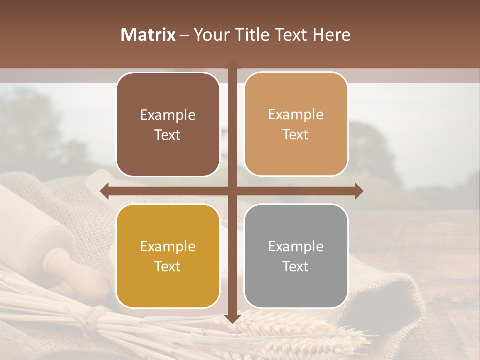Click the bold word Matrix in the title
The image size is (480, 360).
pyautogui.click(x=148, y=35)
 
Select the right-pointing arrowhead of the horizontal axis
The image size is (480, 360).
pyautogui.click(x=358, y=191)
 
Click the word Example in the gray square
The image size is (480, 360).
pyautogui.click(x=296, y=246)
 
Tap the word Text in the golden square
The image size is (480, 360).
pyautogui.click(x=168, y=266)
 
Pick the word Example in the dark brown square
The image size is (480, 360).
pyautogui.click(x=168, y=115)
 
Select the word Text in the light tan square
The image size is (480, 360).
pyautogui.click(x=296, y=134)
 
